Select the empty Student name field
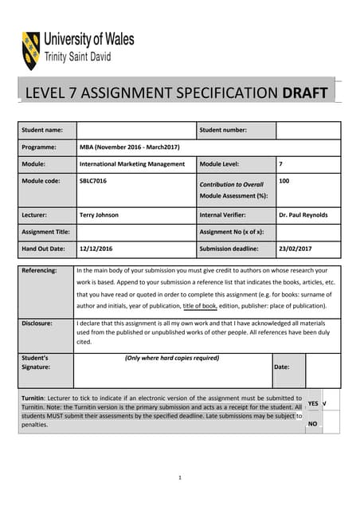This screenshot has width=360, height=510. click(x=135, y=130)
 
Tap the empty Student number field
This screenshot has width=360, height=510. click(x=308, y=130)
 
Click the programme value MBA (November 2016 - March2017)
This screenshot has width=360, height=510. click(x=130, y=147)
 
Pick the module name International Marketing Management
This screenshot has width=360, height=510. click(x=132, y=164)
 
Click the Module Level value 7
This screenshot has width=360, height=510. click(x=281, y=164)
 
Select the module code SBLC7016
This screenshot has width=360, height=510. click(x=93, y=182)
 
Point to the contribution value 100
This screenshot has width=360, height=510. click(x=284, y=182)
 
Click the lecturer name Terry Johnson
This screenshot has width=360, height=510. click(x=99, y=215)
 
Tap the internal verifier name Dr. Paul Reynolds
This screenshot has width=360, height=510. click(x=303, y=215)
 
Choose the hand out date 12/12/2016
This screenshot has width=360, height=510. click(x=96, y=249)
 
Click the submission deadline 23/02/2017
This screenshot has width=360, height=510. click(x=295, y=249)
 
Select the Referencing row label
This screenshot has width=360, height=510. click(x=40, y=271)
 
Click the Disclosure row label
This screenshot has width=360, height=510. click(x=38, y=324)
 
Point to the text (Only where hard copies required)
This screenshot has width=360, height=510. click(x=172, y=359)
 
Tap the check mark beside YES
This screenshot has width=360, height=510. click(x=324, y=403)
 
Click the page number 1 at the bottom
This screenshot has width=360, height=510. click(x=180, y=477)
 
